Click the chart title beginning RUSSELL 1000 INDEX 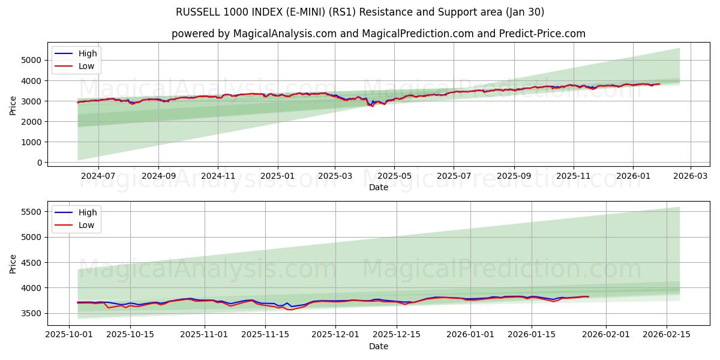tap(360, 12)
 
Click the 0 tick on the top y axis tap(39, 163)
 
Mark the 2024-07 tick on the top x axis tap(98, 176)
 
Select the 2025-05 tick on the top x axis tap(394, 176)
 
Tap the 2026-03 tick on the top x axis tap(690, 176)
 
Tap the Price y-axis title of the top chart tap(13, 104)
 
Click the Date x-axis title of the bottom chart tap(378, 346)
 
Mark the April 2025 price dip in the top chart tap(371, 106)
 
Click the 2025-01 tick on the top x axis tap(277, 176)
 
